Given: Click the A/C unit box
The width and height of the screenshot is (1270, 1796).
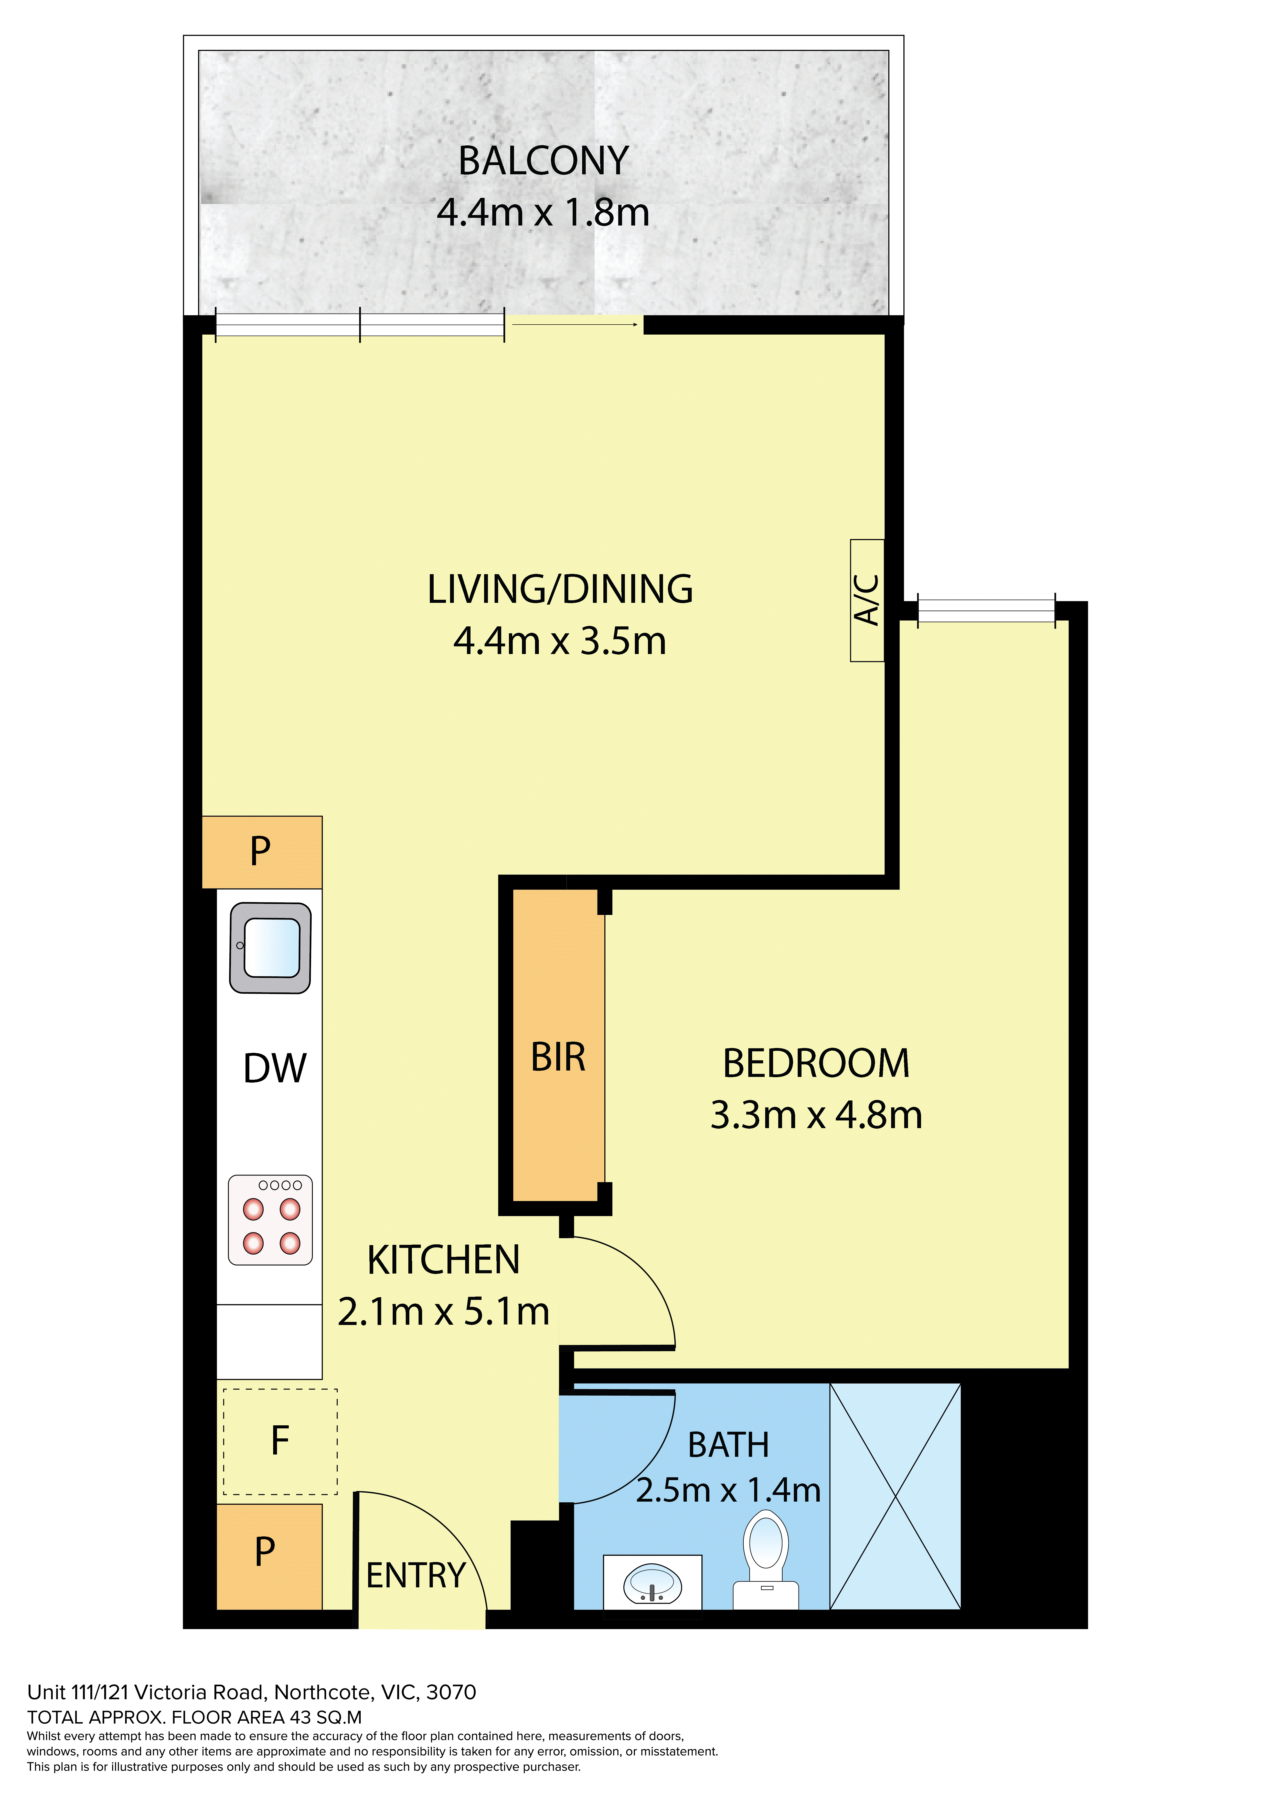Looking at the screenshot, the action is (x=867, y=600).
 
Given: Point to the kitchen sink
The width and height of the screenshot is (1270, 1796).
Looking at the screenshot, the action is (x=270, y=948).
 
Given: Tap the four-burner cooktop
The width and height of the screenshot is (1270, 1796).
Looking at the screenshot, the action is (x=270, y=1220).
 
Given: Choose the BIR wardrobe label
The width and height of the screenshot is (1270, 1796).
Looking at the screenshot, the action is (x=558, y=1057).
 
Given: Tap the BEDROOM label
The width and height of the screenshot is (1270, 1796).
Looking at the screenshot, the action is (x=816, y=1064).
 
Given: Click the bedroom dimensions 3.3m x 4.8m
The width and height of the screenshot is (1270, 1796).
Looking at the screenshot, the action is (x=816, y=1115).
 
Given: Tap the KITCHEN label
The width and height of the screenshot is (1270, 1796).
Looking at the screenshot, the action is (x=444, y=1260).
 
